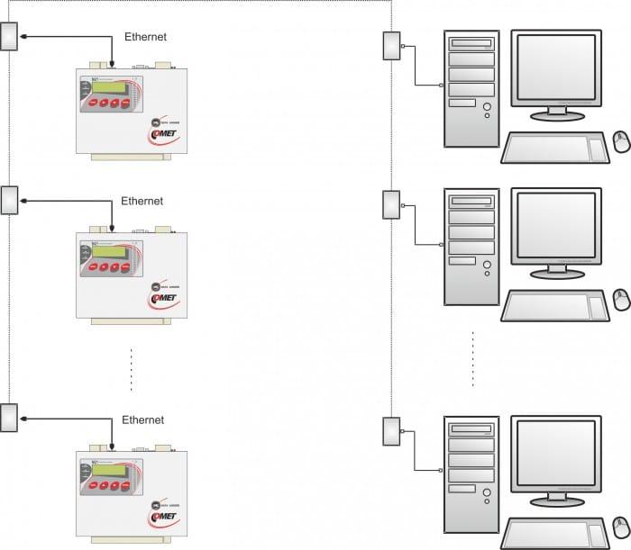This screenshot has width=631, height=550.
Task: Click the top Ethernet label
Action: pos(145,37)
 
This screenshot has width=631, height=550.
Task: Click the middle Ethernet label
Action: pos(142,201)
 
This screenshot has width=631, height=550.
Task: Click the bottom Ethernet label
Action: pos(143,419)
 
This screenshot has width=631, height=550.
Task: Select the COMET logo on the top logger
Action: pos(164,136)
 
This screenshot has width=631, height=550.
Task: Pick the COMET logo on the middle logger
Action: pos(166,297)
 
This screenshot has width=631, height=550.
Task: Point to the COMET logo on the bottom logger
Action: pos(165,518)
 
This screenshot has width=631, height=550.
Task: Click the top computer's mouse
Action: pos(621,141)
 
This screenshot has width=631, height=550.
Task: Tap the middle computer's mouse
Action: pos(621,299)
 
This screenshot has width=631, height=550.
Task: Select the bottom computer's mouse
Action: pos(621,526)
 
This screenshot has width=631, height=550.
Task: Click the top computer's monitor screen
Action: pos(554,68)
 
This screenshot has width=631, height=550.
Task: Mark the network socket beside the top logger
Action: pos(10,37)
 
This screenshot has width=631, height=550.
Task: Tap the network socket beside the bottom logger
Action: pos(10,419)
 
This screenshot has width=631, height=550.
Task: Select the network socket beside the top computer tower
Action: pos(392,47)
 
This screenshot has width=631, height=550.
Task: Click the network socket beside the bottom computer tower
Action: pos(392,432)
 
